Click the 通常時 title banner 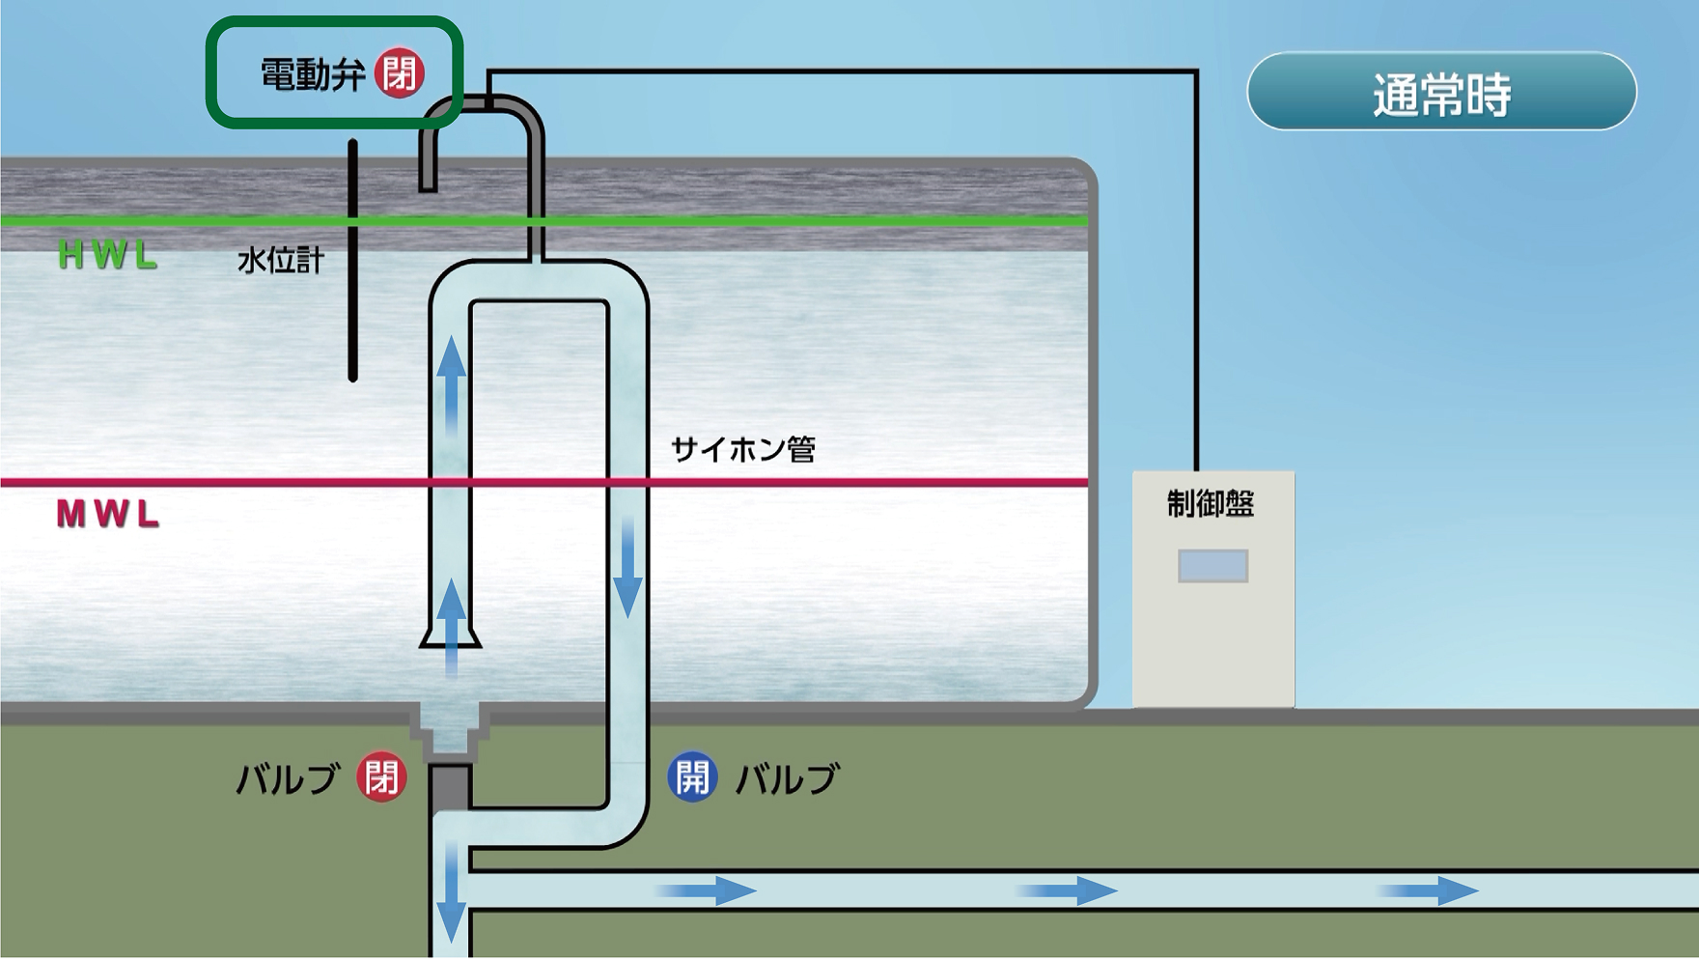pos(1441,93)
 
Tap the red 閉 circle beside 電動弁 pos(399,72)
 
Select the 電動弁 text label pos(312,74)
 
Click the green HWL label pos(107,255)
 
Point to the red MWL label pos(107,514)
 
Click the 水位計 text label pos(280,260)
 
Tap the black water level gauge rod pos(352,261)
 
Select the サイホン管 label pos(742,449)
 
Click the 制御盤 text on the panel pos(1211,504)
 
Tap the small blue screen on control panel pos(1212,566)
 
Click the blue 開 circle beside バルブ pos(692,777)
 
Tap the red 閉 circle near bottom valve pos(381,777)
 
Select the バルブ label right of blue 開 pos(788,778)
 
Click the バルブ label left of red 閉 pos(288,778)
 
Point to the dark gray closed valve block pos(450,786)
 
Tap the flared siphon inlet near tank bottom pos(450,635)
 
